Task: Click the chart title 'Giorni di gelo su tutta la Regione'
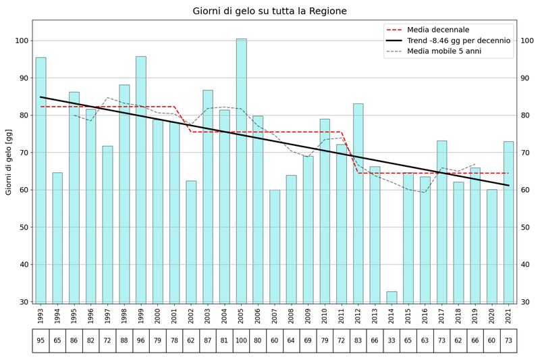[269, 11]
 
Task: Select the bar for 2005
[241, 169]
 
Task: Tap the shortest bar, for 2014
[391, 297]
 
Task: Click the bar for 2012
[358, 203]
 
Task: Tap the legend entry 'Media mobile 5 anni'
[443, 51]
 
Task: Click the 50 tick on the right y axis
[524, 227]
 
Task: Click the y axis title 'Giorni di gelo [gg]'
[9, 162]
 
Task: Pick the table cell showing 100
[241, 340]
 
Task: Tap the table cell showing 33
[391, 340]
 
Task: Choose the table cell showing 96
[141, 340]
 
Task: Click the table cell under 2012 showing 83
[358, 340]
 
